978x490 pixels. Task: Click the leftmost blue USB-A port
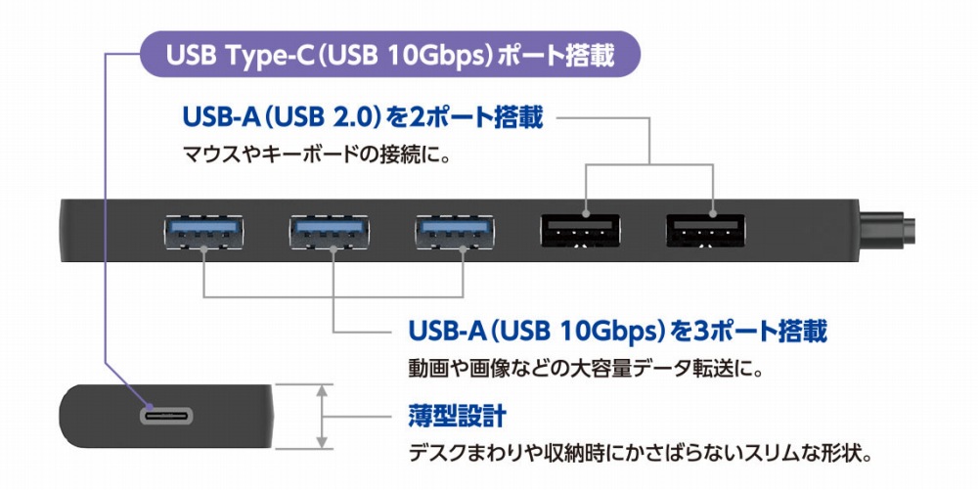click(203, 232)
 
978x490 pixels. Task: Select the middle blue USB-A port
click(330, 232)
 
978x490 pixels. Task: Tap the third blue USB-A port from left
click(456, 232)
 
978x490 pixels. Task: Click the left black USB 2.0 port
click(581, 232)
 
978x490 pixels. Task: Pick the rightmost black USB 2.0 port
click(707, 232)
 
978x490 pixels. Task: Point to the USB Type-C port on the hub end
click(165, 415)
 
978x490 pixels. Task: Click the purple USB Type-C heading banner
click(390, 55)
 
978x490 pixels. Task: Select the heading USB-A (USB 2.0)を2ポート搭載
click(362, 118)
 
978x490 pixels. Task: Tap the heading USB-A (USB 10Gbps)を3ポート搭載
click(617, 333)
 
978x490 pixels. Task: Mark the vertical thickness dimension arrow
click(322, 415)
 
